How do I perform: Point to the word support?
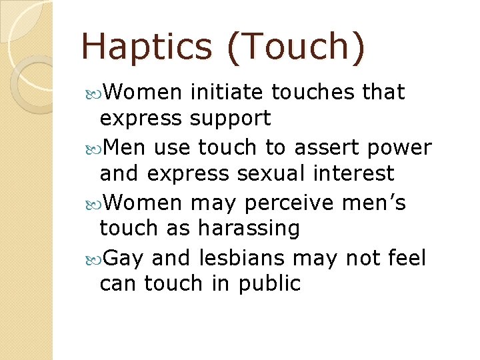pos(230,119)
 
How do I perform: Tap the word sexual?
pos(270,173)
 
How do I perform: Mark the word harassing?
pos(249,229)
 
